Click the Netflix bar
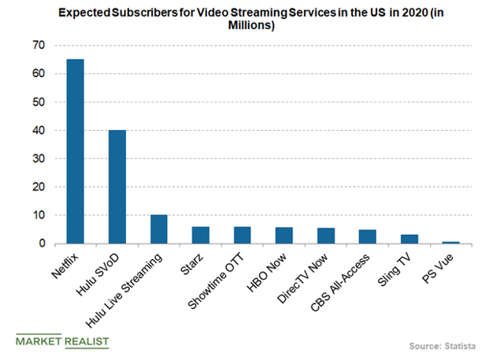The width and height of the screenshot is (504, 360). coord(76,151)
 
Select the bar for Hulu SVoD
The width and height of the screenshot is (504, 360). coord(117,187)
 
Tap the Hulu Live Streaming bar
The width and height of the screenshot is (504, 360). coord(159,229)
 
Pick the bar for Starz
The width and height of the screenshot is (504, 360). coord(201,235)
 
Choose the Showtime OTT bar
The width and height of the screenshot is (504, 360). coord(243,235)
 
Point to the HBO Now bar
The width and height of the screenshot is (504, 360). coord(284,236)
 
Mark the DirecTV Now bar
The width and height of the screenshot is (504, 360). coord(326,236)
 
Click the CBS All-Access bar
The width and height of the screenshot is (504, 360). coord(368,236)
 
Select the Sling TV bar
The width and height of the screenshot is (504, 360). coord(409,239)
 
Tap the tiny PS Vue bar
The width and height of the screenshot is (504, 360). coord(451,242)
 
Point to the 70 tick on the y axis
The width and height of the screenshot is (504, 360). coord(37,45)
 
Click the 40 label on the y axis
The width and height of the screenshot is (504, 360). coord(37,130)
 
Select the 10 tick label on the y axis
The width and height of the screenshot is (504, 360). coord(37,215)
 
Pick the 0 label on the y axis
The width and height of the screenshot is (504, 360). coord(40,243)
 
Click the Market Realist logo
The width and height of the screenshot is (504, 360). coord(62,341)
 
